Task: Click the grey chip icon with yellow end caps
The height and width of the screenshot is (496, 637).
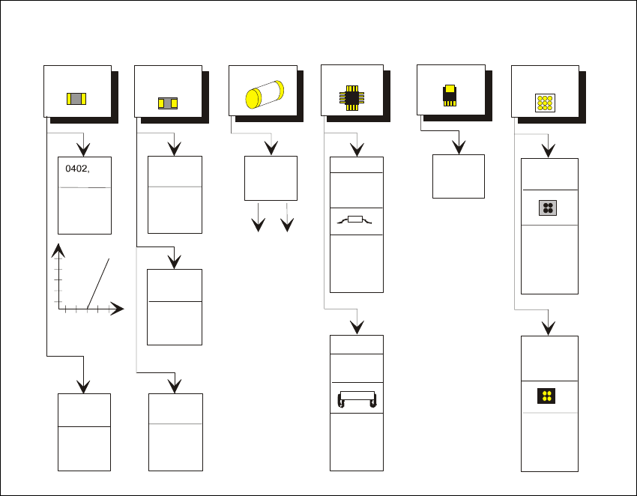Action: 76,98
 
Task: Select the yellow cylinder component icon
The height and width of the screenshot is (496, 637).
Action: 264,96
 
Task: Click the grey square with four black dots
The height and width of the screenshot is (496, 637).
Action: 549,208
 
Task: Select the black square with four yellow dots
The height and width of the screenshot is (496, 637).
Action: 549,396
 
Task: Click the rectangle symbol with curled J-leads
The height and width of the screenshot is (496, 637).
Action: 356,399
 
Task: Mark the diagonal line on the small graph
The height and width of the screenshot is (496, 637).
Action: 98,283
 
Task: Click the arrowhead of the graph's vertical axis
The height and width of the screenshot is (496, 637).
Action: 57,251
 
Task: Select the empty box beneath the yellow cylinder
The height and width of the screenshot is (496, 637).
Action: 271,178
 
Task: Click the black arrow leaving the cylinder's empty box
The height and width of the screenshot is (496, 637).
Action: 259,223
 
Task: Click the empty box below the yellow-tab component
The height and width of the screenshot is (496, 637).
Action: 459,176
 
